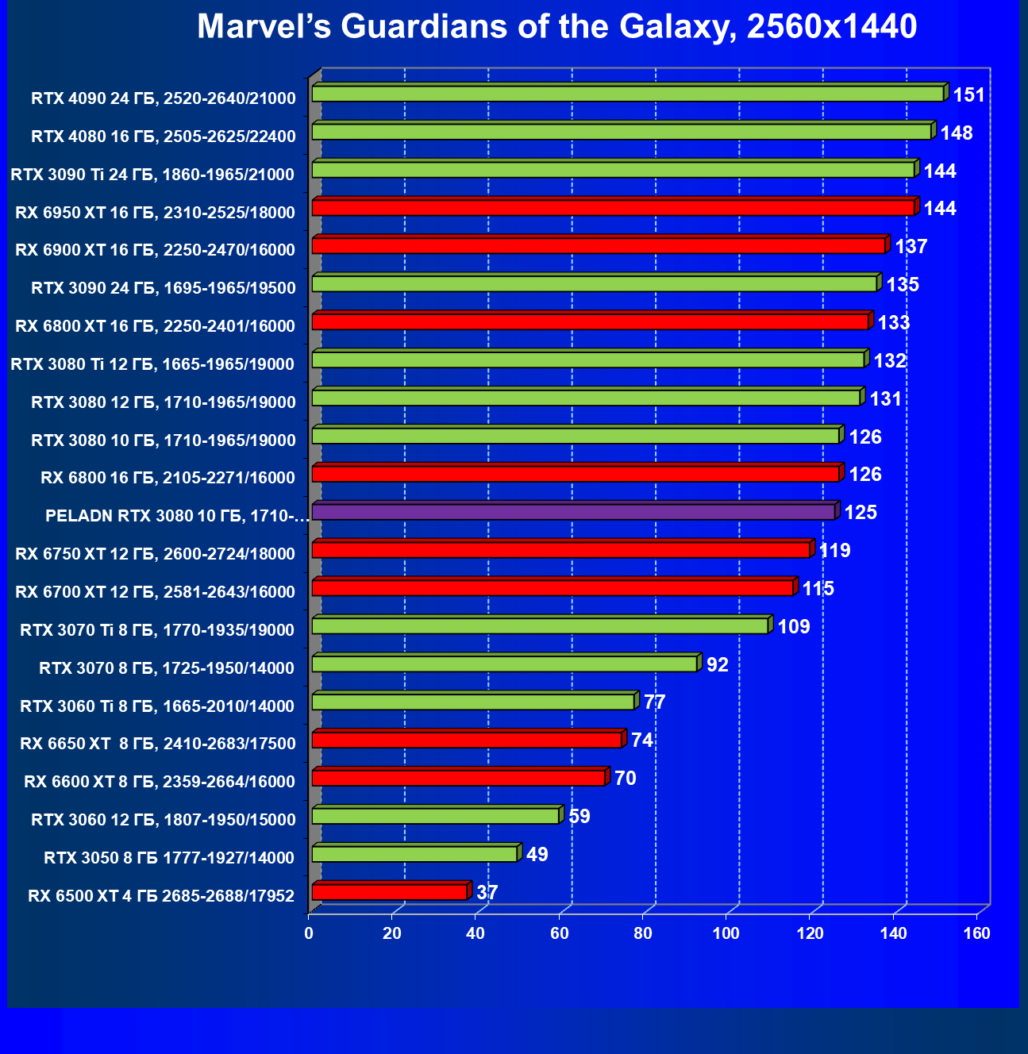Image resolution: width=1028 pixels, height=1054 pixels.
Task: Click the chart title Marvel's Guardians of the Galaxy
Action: point(556,27)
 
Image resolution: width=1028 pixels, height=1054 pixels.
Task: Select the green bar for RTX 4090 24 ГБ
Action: point(627,94)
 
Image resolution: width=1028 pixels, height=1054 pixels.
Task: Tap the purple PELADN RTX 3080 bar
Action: point(573,512)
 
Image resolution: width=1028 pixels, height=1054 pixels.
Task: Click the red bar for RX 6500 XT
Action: point(389,892)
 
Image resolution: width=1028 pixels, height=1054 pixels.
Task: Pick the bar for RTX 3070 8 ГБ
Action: point(504,664)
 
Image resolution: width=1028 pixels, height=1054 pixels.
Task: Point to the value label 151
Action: point(968,95)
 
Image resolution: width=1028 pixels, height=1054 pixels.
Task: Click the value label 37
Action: point(487,892)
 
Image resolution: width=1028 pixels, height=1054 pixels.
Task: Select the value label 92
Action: point(718,664)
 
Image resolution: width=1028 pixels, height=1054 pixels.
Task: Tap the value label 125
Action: point(861,512)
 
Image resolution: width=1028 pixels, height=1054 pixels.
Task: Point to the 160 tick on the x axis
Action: point(977,933)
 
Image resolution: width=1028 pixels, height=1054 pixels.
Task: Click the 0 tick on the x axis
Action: point(309,933)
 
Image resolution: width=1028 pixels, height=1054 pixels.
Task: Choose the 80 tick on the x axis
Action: point(643,933)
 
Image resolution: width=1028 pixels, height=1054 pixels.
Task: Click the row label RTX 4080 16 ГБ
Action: point(164,137)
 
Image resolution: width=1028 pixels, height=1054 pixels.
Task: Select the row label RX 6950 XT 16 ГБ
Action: point(156,212)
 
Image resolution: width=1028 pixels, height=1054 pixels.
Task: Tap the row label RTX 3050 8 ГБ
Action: point(169,858)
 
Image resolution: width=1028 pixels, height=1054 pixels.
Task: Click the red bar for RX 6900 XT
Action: point(599,246)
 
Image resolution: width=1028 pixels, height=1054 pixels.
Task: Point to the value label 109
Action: point(794,626)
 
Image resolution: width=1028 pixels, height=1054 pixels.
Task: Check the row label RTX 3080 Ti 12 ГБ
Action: point(152,364)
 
